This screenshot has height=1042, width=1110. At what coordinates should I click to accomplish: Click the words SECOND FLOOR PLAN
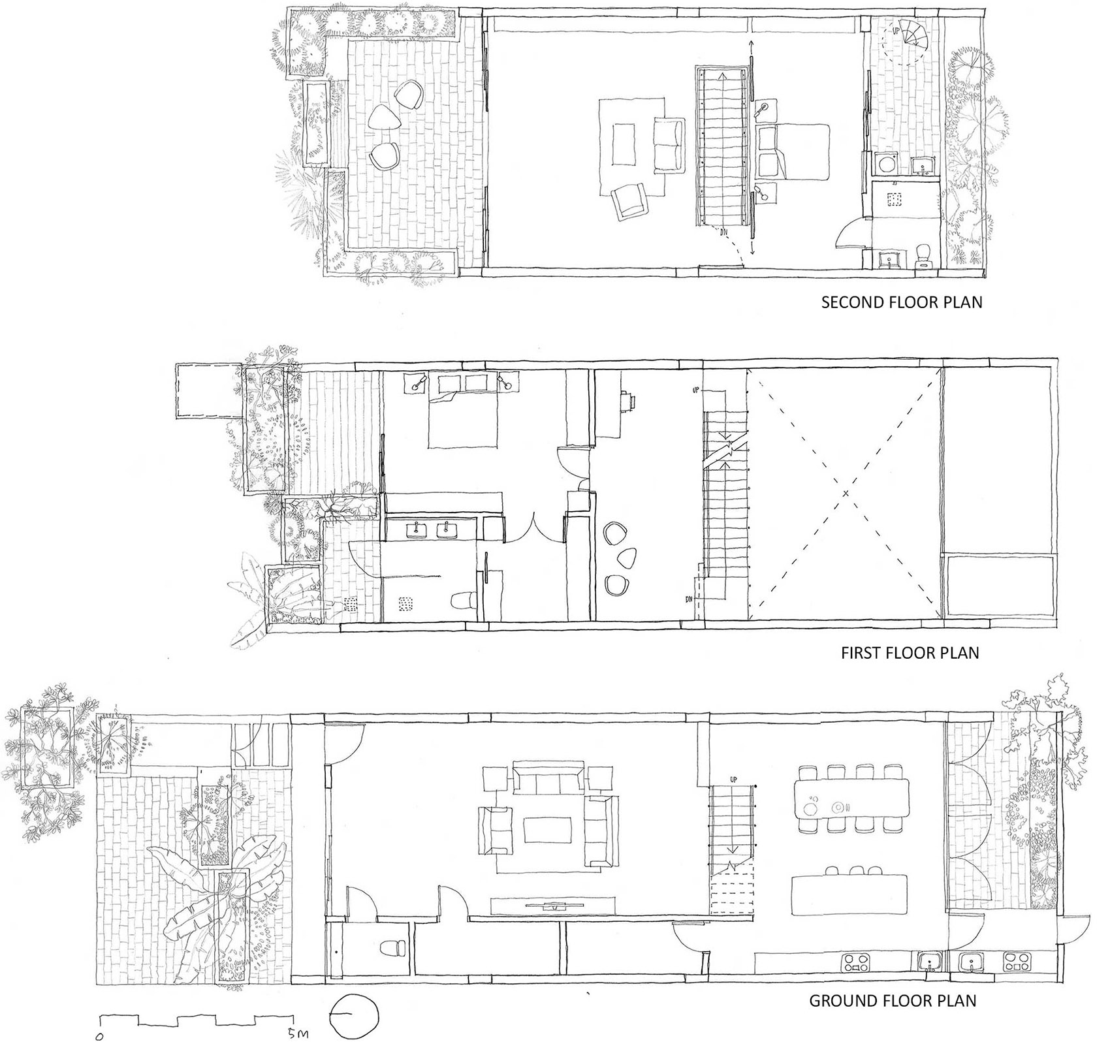click(902, 302)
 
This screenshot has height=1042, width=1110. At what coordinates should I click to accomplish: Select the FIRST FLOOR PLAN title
click(910, 652)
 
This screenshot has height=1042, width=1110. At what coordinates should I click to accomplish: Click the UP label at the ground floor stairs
click(733, 780)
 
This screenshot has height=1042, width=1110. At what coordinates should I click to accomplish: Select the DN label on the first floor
click(690, 599)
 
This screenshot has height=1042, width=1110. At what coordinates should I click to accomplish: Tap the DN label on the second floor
click(724, 230)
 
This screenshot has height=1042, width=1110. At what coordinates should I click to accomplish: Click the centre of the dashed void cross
click(846, 493)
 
